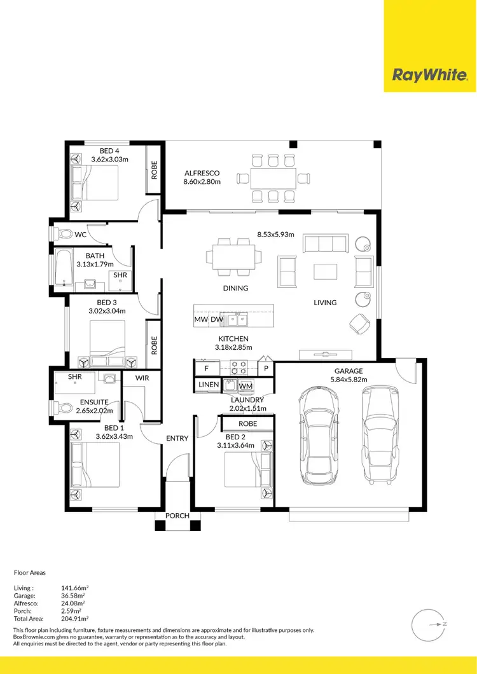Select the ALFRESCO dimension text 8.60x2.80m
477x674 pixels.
point(202,182)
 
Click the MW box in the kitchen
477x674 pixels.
point(201,319)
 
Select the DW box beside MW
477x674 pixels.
point(216,319)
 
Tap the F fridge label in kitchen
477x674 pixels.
point(206,368)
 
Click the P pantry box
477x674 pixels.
point(266,368)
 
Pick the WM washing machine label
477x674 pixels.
point(246,385)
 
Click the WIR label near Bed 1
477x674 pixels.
point(141,378)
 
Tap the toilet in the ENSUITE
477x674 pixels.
point(62,407)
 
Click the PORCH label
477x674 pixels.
point(177,516)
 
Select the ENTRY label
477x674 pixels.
point(177,439)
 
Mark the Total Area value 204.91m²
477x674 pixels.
point(74,618)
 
